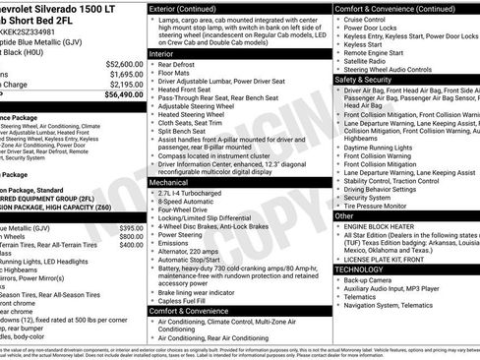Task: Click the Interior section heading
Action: coord(169,81)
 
